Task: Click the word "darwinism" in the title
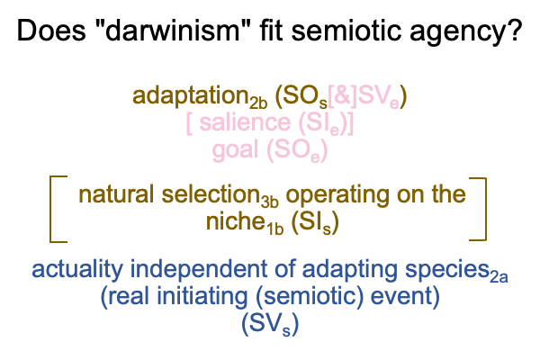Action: (172, 31)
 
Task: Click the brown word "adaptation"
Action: (191, 96)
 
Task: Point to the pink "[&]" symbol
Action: (343, 95)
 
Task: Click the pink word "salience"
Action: (245, 122)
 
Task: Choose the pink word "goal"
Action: (235, 151)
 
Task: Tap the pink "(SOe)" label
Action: (297, 151)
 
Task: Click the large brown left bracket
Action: (51, 209)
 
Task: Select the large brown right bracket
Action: (485, 209)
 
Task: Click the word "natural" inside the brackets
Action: (116, 194)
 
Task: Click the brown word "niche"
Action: (235, 221)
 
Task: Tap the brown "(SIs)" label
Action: (315, 223)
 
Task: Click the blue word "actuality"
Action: (77, 270)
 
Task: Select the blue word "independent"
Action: (198, 270)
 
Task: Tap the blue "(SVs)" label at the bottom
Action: (270, 324)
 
